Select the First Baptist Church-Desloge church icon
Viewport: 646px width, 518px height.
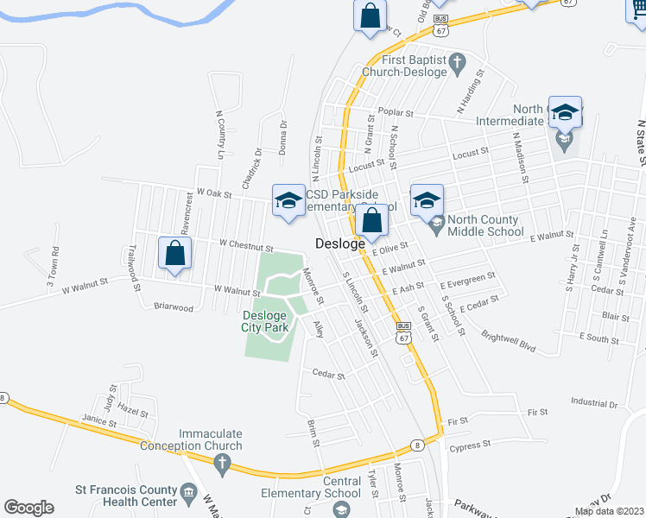coord(459,61)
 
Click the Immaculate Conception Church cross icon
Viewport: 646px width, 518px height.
coord(222,466)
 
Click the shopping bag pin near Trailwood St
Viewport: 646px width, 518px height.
coord(174,254)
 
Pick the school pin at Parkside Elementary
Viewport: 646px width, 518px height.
coord(288,201)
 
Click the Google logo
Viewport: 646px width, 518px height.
coord(29,508)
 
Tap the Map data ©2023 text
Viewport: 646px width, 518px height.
coord(609,511)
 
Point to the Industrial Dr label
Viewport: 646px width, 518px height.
coord(595,403)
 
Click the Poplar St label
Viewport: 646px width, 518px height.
coord(397,113)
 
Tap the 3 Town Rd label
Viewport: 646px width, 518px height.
coord(54,268)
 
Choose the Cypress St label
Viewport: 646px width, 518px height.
coord(470,443)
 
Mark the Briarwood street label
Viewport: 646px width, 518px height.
coord(174,306)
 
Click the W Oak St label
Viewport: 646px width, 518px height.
coord(214,194)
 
